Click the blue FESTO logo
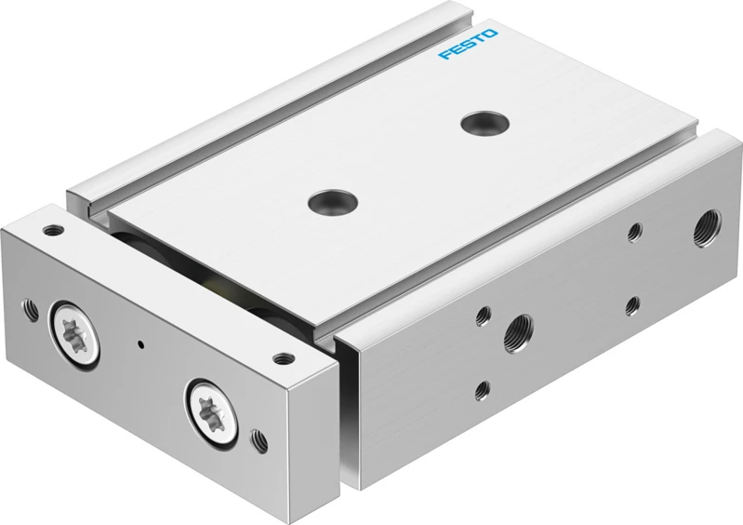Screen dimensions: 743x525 click(x=468, y=44)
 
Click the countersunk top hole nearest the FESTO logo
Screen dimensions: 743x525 click(x=484, y=123)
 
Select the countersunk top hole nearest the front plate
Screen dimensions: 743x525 click(x=332, y=202)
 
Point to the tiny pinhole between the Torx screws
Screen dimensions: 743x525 click(x=140, y=344)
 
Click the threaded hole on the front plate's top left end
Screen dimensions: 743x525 click(x=53, y=231)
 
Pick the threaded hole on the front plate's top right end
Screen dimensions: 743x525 click(x=283, y=359)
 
